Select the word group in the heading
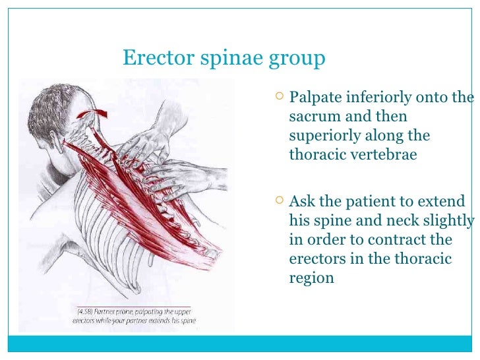(x=297, y=59)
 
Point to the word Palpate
(x=315, y=99)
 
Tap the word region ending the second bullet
(x=312, y=278)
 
